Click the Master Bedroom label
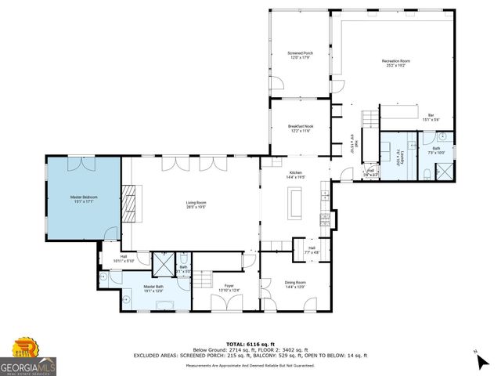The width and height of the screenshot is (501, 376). (x=82, y=197)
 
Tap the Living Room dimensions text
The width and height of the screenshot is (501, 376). (x=196, y=208)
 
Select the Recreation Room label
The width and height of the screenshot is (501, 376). (x=395, y=60)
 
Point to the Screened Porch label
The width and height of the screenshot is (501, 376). (x=300, y=53)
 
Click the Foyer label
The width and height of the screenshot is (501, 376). (x=229, y=286)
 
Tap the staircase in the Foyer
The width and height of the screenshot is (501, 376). (x=203, y=280)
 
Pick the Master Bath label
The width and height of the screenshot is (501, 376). (x=153, y=287)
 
